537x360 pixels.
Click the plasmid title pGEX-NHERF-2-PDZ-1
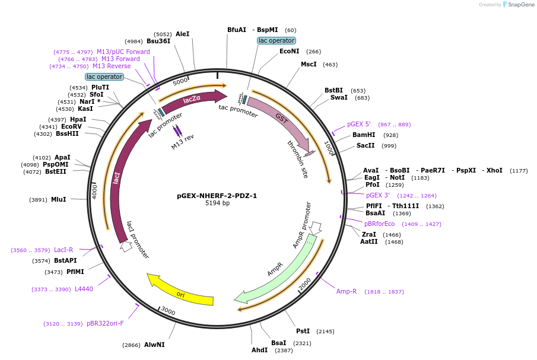click(x=217, y=196)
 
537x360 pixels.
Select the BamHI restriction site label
click(x=364, y=135)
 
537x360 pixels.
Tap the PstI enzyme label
click(x=303, y=331)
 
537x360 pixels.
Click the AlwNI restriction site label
click(x=154, y=345)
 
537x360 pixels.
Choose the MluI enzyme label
click(x=58, y=200)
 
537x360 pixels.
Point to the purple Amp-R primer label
click(x=347, y=291)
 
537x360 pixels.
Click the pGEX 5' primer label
click(x=359, y=125)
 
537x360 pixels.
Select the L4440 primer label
click(x=84, y=289)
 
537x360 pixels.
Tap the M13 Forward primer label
click(x=120, y=59)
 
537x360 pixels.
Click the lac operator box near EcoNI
click(x=277, y=40)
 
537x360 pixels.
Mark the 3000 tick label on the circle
click(x=168, y=311)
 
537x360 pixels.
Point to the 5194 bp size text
click(x=217, y=203)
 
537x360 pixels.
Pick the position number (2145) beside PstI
click(x=325, y=332)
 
